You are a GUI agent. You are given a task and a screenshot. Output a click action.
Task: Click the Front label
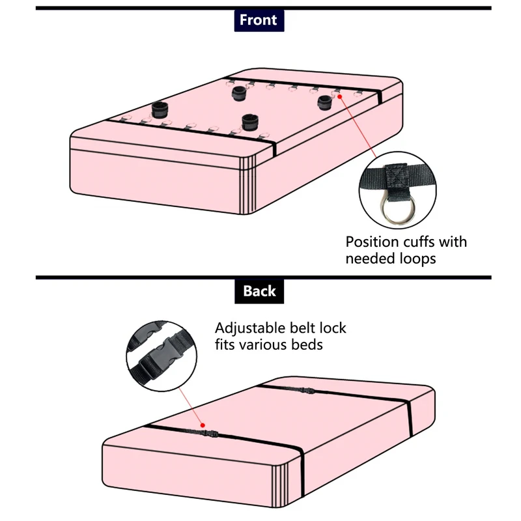pos(259,20)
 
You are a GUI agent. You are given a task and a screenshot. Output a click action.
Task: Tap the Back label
pos(259,290)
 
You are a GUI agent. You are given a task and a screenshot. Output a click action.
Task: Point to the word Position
pos(373,242)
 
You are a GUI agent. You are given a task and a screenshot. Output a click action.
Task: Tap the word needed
pos(367,259)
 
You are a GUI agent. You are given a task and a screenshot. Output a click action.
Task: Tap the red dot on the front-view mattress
pos(339,96)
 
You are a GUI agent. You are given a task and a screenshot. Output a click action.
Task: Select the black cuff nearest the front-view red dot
pos(325,102)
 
